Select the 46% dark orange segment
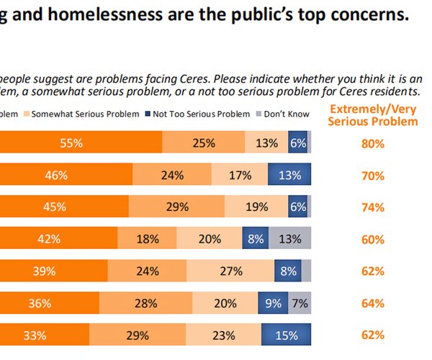point(66,174)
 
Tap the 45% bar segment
point(64,207)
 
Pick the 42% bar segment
point(58,239)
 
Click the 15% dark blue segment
point(286,335)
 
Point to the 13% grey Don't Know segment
point(290,239)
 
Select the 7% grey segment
point(300,303)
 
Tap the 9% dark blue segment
point(273,303)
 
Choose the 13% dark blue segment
point(289,174)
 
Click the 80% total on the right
point(373,143)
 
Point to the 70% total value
point(373,174)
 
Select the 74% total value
point(373,207)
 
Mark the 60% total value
point(373,239)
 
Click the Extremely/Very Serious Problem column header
point(373,115)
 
